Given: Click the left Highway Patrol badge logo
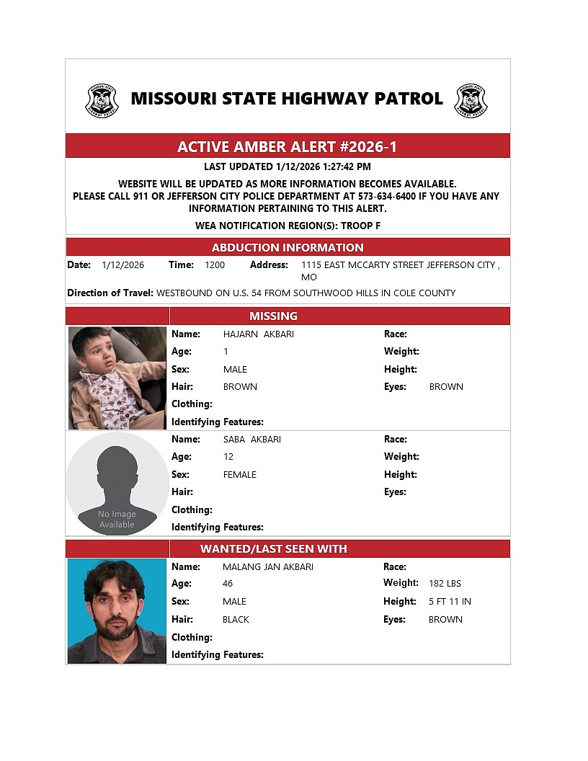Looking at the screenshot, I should (x=102, y=100).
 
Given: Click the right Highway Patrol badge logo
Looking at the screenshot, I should (x=471, y=100).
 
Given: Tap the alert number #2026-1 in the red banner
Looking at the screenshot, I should (x=368, y=147).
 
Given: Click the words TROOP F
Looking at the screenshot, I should (x=360, y=226).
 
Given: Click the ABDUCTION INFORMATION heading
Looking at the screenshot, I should (x=288, y=247).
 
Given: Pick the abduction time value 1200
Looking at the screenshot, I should (x=215, y=265).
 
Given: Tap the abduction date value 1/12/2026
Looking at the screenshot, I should (x=122, y=265).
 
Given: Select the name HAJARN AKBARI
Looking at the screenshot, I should (x=259, y=334).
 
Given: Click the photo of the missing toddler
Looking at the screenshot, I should (x=117, y=378).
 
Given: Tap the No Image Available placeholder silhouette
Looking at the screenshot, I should (x=117, y=484).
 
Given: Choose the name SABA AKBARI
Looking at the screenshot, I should (x=252, y=440).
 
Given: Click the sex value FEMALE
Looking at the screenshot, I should (x=240, y=475).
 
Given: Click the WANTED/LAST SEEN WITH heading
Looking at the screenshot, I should (x=273, y=548).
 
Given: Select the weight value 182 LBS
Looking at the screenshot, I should (x=445, y=584).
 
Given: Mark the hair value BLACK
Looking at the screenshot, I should (x=236, y=620).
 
